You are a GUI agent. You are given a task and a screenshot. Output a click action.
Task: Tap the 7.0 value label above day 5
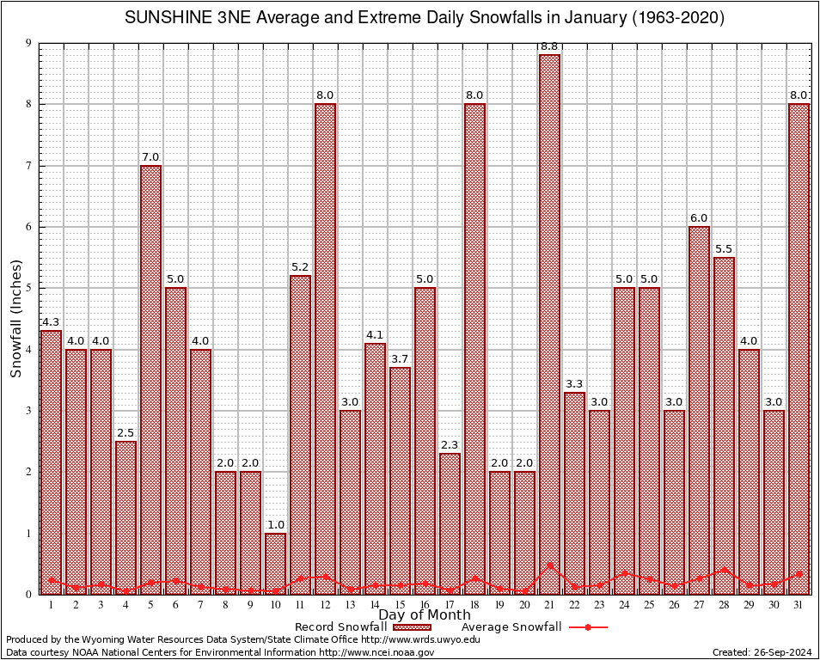click(150, 157)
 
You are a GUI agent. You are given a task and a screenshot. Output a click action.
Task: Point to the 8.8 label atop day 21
click(549, 46)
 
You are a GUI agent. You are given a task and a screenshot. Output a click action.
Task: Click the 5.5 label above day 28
click(724, 249)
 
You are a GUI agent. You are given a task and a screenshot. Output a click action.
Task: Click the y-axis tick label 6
click(28, 227)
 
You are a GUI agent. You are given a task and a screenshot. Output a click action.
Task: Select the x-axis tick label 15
click(400, 605)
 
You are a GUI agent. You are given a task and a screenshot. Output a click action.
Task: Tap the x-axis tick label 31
click(799, 605)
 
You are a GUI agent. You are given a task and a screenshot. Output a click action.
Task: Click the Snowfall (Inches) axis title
click(15, 319)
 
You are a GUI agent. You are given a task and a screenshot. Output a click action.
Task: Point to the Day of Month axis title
click(424, 615)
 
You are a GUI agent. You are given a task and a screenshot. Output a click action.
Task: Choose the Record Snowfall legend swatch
click(418, 627)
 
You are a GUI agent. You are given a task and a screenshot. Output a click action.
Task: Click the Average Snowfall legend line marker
click(588, 627)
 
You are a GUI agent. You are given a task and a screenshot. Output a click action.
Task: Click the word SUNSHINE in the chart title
click(163, 18)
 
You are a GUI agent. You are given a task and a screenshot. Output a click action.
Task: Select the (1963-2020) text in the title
click(675, 18)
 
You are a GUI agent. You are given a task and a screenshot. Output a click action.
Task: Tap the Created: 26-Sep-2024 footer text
click(762, 652)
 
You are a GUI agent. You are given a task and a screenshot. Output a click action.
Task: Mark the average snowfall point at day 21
click(549, 565)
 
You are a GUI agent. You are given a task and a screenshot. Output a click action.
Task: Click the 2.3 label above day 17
click(450, 445)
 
